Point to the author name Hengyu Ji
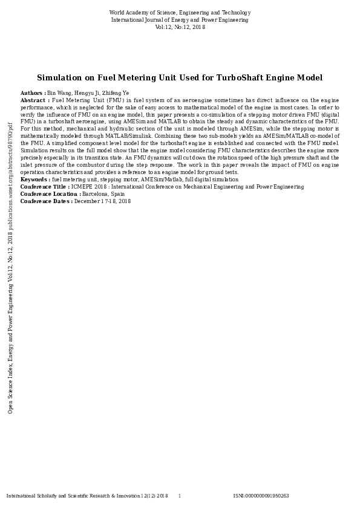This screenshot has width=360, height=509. tap(88, 93)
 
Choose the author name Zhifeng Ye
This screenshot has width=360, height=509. tap(117, 93)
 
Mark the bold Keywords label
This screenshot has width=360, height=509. tap(35, 180)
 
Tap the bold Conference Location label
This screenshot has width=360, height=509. tap(50, 194)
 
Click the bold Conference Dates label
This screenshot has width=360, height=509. tap(46, 201)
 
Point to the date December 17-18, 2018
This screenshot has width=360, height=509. tap(102, 201)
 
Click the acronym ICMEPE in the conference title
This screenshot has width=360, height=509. tap(82, 187)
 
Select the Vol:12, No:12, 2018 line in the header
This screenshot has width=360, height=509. tap(180, 27)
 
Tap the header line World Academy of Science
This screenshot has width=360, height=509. tap(180, 13)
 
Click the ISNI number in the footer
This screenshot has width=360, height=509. tap(261, 496)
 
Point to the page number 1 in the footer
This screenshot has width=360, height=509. tap(179, 496)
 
